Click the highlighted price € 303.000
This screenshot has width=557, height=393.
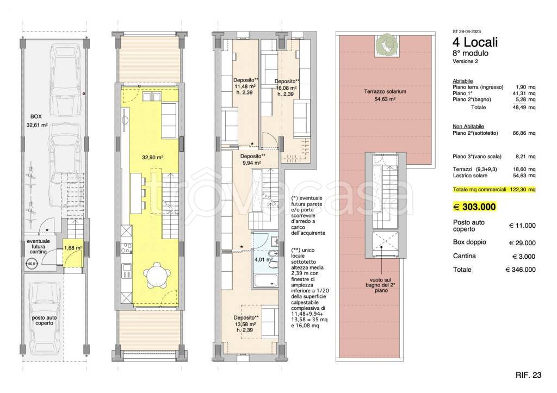pos(475,207)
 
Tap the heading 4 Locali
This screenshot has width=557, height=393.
pos(475,42)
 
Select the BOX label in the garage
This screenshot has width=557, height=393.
pos(36,116)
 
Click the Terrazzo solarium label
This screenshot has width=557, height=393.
pos(385,92)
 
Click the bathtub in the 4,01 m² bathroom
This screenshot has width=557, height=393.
pos(265,280)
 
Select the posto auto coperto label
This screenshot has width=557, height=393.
pos(45,321)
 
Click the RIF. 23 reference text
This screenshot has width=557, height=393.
pos(528,375)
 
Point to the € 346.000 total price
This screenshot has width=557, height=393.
pos(521,270)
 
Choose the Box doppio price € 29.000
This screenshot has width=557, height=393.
pos(522,243)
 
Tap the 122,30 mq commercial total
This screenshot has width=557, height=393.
pos(523,190)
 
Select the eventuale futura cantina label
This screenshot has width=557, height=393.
pos(39,246)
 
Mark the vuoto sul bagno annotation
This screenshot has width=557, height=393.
pos(381,285)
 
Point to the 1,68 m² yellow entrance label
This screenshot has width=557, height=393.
pos(73,248)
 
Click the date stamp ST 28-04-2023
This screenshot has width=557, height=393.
pos(467,32)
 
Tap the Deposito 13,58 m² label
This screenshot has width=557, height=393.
pos(246,324)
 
